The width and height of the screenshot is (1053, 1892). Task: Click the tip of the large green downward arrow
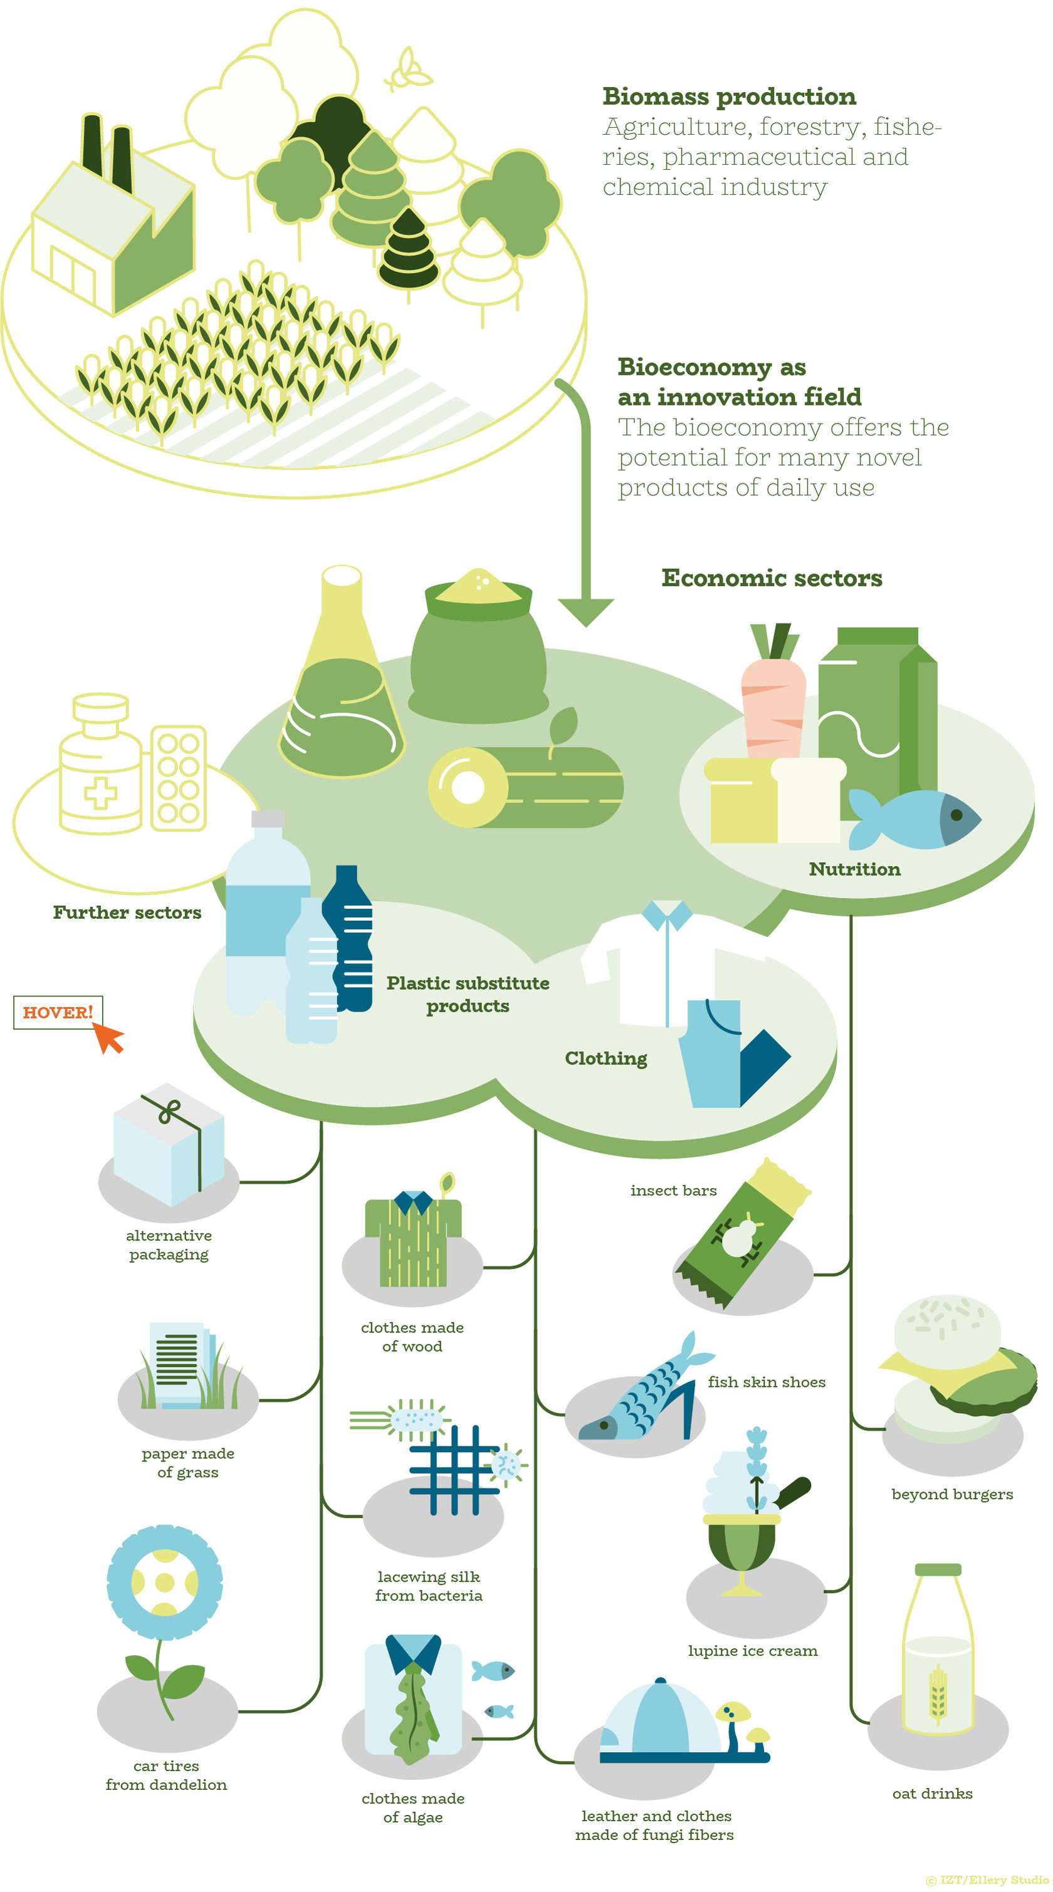[585, 627]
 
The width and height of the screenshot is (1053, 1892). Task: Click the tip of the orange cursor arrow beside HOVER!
[93, 1022]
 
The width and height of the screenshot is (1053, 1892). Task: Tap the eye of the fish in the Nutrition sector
[956, 815]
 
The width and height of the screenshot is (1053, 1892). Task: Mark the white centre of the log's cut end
[468, 787]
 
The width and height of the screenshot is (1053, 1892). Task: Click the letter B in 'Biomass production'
[612, 97]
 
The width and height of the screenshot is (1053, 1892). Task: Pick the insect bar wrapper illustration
[742, 1235]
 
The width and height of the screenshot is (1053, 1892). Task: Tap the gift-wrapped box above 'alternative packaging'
[168, 1144]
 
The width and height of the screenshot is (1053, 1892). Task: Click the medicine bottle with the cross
[101, 764]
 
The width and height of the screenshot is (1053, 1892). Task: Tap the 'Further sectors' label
[127, 912]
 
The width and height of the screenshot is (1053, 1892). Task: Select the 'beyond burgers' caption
[952, 1494]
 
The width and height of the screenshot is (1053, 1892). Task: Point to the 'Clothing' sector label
[606, 1058]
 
